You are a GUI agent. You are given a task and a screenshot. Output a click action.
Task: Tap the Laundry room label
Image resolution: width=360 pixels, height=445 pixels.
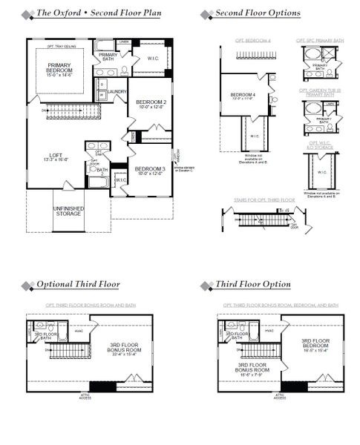click(117, 92)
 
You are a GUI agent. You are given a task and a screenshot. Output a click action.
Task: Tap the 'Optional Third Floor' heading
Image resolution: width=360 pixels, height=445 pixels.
click(78, 285)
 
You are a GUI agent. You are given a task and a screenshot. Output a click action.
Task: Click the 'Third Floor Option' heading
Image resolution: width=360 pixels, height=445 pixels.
click(253, 285)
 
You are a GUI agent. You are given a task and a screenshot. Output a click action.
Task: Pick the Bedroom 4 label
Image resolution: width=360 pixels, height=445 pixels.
click(243, 95)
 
